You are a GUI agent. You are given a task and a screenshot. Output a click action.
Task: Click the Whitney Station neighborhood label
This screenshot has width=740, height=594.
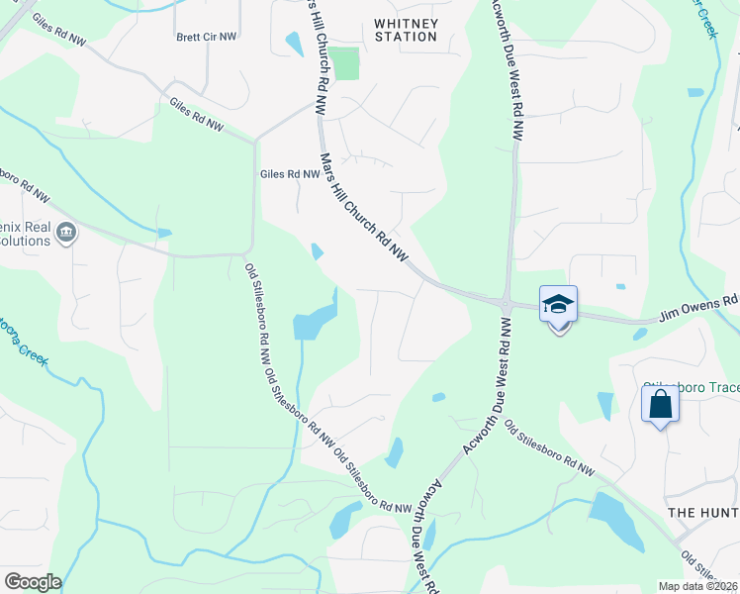click(x=406, y=29)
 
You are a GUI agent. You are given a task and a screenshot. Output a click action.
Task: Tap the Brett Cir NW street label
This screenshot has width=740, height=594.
click(x=207, y=37)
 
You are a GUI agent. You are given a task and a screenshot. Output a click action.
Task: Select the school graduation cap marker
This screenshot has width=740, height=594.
click(x=558, y=304)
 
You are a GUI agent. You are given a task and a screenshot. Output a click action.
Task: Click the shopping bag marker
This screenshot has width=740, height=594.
click(x=660, y=405)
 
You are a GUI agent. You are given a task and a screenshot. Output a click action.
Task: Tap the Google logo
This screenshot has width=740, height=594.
click(x=33, y=582)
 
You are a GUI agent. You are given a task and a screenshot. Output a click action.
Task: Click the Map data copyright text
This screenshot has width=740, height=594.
click(x=698, y=586)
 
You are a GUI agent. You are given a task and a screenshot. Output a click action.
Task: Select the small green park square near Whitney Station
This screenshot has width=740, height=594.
click(x=345, y=63)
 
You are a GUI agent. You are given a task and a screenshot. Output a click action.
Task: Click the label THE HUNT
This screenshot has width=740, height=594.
click(x=703, y=512)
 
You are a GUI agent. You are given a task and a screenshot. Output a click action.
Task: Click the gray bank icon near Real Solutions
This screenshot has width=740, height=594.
click(x=66, y=234)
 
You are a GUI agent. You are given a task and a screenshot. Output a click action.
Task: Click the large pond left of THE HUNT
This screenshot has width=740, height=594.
click(x=614, y=521)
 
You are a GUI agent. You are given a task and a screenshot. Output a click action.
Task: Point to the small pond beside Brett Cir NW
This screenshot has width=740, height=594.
click(x=293, y=44)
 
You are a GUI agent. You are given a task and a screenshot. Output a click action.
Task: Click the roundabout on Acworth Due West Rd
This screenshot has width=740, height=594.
click(x=506, y=303)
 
